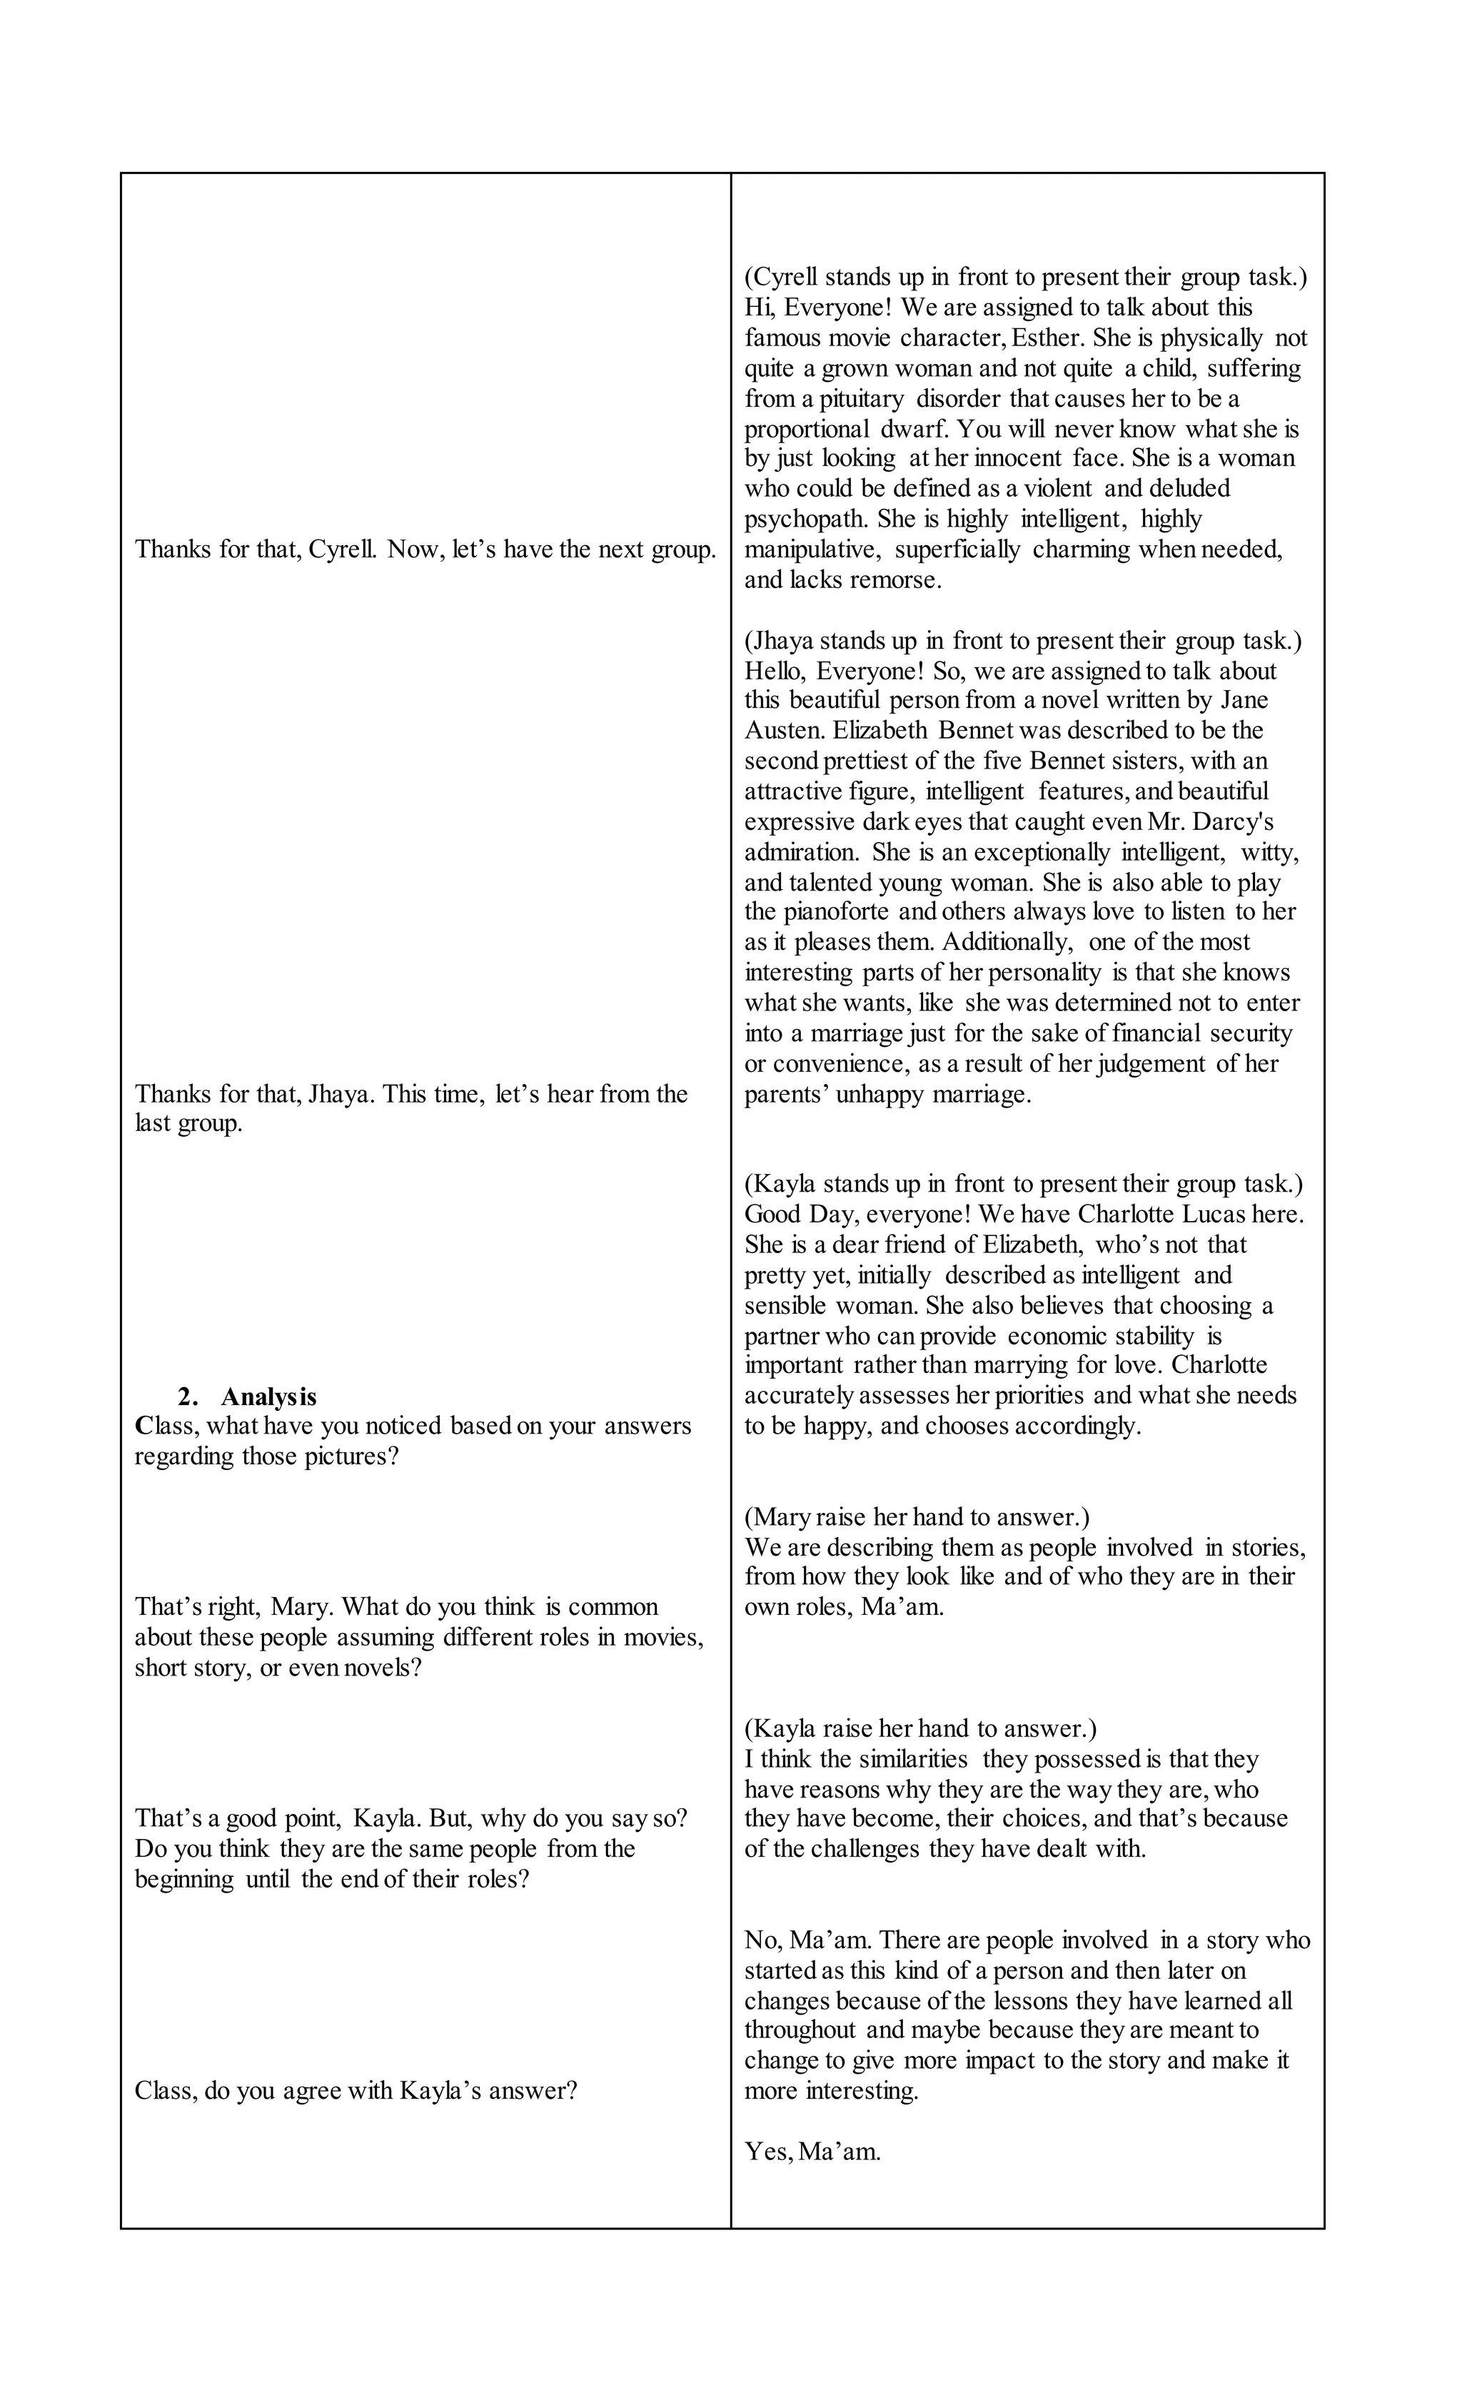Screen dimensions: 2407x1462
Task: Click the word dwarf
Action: coord(914,429)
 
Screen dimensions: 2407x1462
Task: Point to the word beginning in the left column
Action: coord(183,1880)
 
